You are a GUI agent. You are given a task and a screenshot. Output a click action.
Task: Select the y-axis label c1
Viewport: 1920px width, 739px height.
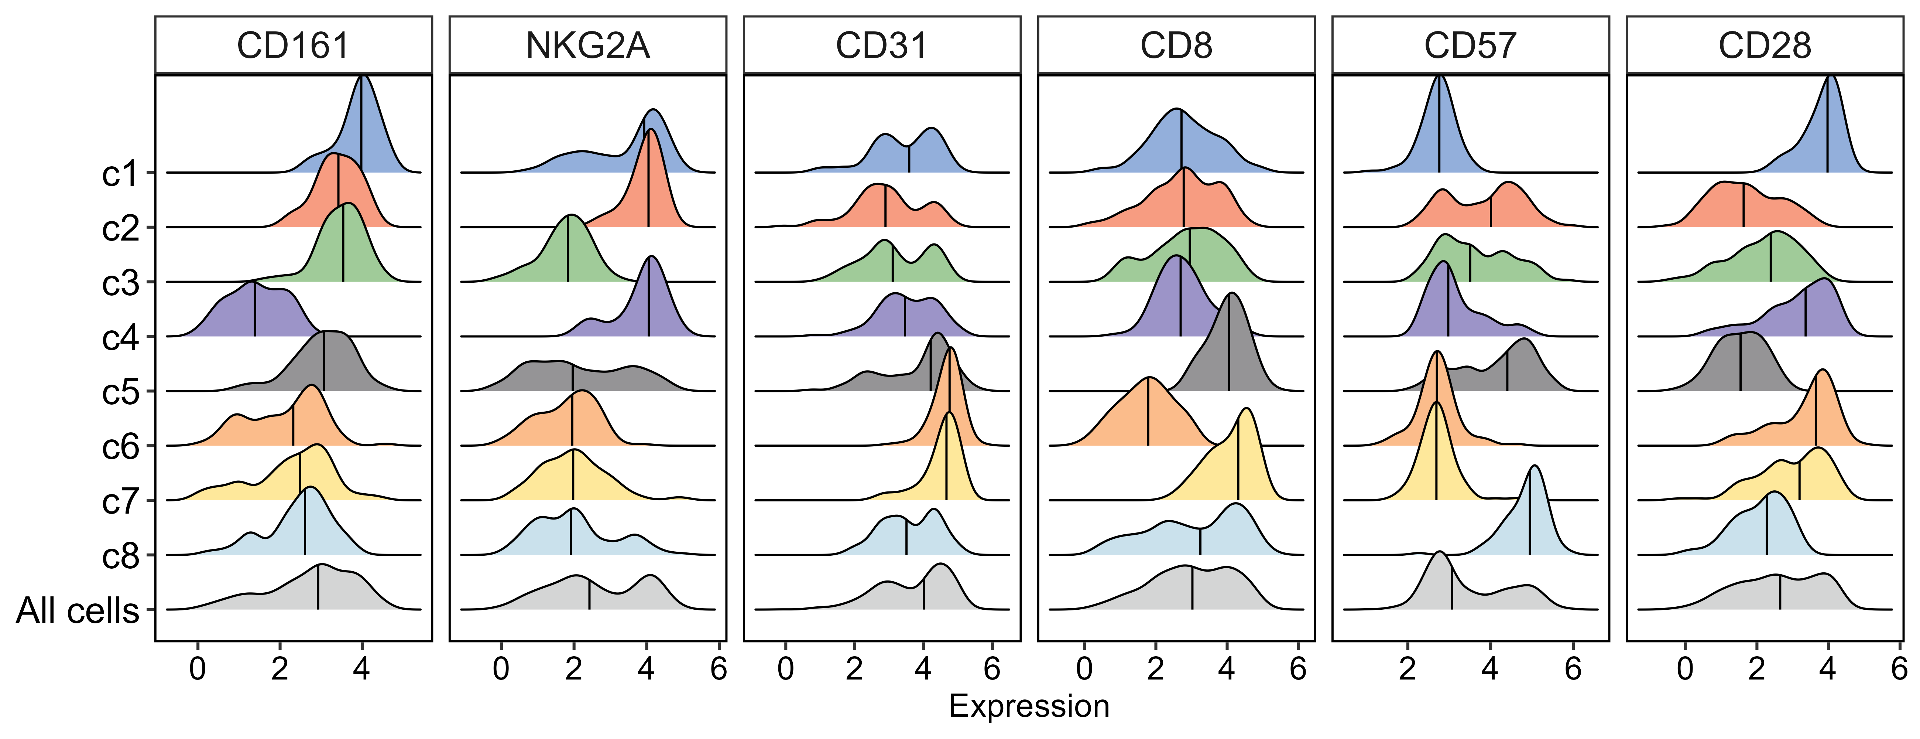point(121,174)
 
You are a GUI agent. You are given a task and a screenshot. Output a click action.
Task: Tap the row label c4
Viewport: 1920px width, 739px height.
point(121,338)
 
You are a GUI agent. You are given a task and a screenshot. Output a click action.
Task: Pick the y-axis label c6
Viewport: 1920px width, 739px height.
point(121,447)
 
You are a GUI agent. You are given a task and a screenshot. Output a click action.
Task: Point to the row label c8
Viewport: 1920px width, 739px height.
point(121,556)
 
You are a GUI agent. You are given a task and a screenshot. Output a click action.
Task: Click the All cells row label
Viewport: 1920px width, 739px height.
point(78,611)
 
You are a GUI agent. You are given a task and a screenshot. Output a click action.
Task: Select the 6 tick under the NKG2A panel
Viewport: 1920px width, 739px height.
point(718,669)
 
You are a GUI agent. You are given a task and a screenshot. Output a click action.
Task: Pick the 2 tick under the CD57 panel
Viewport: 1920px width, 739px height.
point(1407,669)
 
